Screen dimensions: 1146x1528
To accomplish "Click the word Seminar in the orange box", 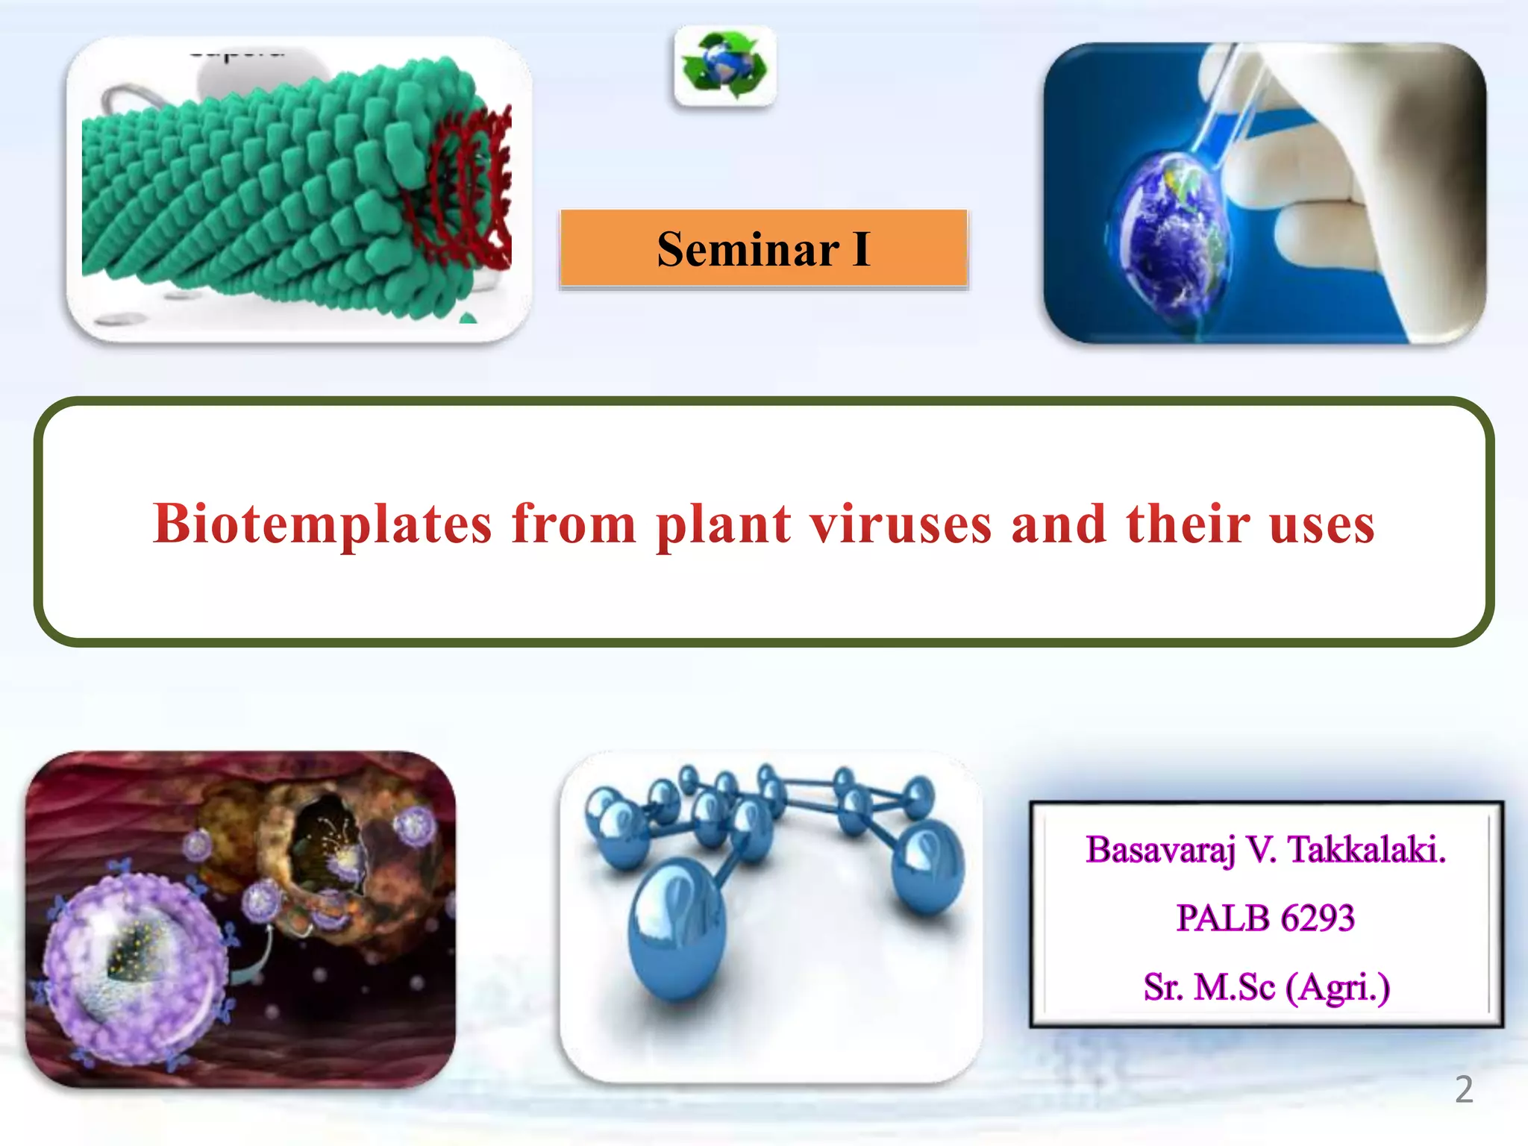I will (748, 249).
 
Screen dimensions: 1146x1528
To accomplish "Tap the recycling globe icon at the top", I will (724, 66).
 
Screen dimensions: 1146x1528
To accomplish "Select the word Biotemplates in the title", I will (322, 524).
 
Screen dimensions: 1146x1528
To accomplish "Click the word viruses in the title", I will (901, 524).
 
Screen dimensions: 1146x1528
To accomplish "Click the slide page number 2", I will (1464, 1090).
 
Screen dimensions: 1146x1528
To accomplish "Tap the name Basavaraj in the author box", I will (1161, 850).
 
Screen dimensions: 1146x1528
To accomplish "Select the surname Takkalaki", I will (1367, 850).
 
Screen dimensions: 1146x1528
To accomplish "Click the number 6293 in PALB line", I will (1318, 918).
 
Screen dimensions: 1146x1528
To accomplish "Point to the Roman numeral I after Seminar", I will (861, 249).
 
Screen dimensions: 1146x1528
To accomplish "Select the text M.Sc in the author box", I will (1235, 987).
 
